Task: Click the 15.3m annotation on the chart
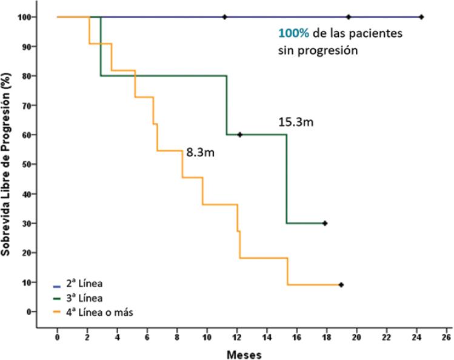pyautogui.click(x=296, y=122)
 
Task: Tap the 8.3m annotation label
pyautogui.click(x=201, y=153)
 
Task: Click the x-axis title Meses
pyautogui.click(x=244, y=353)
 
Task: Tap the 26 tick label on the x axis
pyautogui.click(x=446, y=338)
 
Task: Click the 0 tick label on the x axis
pyautogui.click(x=57, y=338)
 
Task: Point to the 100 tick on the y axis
pyautogui.click(x=24, y=17)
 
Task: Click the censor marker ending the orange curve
pyautogui.click(x=341, y=285)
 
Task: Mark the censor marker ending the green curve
pyautogui.click(x=325, y=223)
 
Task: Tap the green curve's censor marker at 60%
pyautogui.click(x=240, y=135)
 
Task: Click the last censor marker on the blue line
pyautogui.click(x=421, y=17)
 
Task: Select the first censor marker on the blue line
pyautogui.click(x=225, y=17)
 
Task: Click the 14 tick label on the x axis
pyautogui.click(x=267, y=338)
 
